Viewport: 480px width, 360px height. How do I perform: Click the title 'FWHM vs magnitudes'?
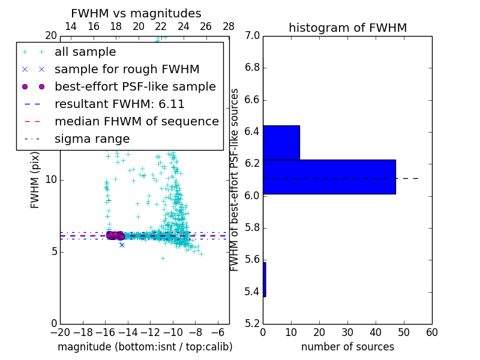[136, 13]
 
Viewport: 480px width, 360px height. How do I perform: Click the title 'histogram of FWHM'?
[347, 28]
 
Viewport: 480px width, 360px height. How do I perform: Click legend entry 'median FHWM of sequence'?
[136, 121]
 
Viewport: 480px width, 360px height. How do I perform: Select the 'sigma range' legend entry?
[92, 139]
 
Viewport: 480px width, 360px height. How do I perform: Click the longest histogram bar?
[329, 176]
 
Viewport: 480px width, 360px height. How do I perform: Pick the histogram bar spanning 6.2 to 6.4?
[281, 142]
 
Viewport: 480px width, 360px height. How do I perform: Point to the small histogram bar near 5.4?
[264, 279]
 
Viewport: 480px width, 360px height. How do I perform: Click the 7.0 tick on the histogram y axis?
[252, 35]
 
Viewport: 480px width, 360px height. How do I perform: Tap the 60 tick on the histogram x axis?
[431, 332]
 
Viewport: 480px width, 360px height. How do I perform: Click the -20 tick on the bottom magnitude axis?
[60, 332]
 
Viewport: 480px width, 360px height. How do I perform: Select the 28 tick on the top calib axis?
[229, 26]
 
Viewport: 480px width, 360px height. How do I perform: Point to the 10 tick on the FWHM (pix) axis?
[51, 179]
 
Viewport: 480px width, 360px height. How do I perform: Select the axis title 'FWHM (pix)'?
[35, 179]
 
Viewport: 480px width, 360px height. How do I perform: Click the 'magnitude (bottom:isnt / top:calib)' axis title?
[145, 347]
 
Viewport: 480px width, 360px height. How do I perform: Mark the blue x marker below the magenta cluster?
[122, 245]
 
